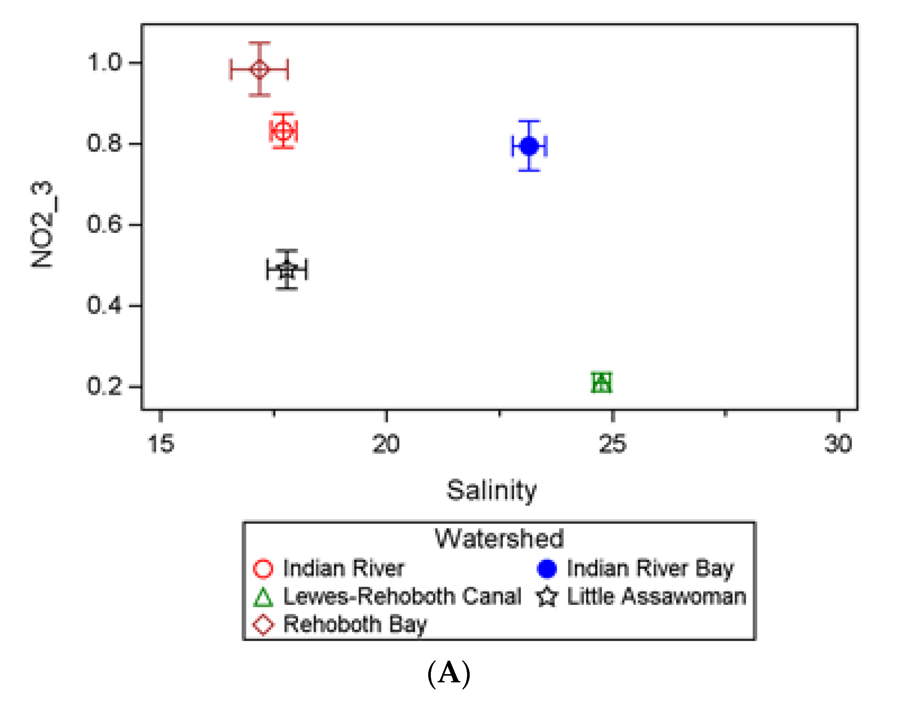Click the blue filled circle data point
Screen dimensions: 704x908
pyautogui.click(x=529, y=146)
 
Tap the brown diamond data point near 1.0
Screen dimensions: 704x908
pyautogui.click(x=260, y=69)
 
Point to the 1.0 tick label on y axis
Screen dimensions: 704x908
pyautogui.click(x=105, y=62)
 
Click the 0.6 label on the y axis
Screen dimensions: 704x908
pyautogui.click(x=105, y=224)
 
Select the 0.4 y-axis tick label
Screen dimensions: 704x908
pyautogui.click(x=105, y=306)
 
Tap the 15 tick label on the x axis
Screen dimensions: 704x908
pyautogui.click(x=161, y=444)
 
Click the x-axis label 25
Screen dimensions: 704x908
pyautogui.click(x=612, y=444)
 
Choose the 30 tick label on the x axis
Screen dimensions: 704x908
pyautogui.click(x=838, y=444)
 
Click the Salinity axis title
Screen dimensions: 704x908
pyautogui.click(x=491, y=491)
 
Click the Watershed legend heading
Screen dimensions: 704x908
pyautogui.click(x=499, y=539)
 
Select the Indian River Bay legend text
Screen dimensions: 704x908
pyautogui.click(x=651, y=569)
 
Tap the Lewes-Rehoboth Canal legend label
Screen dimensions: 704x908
pyautogui.click(x=402, y=597)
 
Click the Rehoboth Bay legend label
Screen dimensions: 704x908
pyautogui.click(x=355, y=624)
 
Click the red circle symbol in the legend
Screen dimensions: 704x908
pyautogui.click(x=263, y=569)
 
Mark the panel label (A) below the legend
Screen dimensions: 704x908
pyautogui.click(x=449, y=673)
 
